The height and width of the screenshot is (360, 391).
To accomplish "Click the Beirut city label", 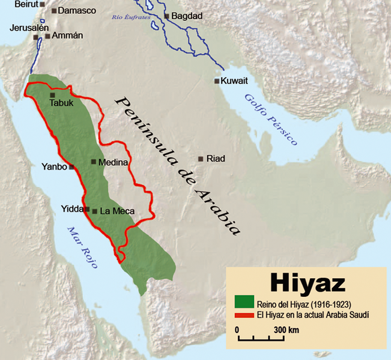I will point(26,4).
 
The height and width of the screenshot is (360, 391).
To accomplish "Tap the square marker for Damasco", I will point(55,11).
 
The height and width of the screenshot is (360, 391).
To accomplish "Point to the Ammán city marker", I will point(47,36).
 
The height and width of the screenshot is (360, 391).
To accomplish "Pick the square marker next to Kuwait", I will point(216,81).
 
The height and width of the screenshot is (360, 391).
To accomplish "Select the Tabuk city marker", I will point(52,95).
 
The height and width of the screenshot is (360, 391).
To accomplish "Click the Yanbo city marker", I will point(71,167).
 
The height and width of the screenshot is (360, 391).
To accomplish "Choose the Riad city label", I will point(215,159).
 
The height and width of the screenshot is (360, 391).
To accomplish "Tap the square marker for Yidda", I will point(87,210).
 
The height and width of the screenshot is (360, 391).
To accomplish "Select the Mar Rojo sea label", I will point(82,248).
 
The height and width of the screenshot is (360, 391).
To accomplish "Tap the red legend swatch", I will point(243,314).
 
